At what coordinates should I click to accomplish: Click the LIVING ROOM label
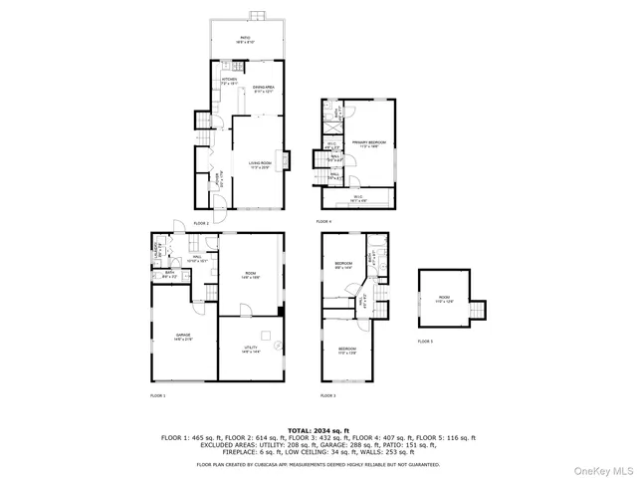click(260, 165)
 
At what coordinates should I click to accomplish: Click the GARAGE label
click(183, 336)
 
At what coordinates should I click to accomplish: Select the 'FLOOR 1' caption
click(157, 396)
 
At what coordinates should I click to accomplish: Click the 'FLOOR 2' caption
click(201, 223)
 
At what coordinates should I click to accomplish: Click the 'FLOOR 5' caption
click(425, 342)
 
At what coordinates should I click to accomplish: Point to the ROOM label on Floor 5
click(444, 298)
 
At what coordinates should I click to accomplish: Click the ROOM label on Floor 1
click(252, 276)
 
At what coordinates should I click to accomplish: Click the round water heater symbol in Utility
click(280, 348)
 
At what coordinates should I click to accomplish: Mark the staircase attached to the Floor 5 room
click(481, 309)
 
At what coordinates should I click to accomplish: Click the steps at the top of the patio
click(256, 15)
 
